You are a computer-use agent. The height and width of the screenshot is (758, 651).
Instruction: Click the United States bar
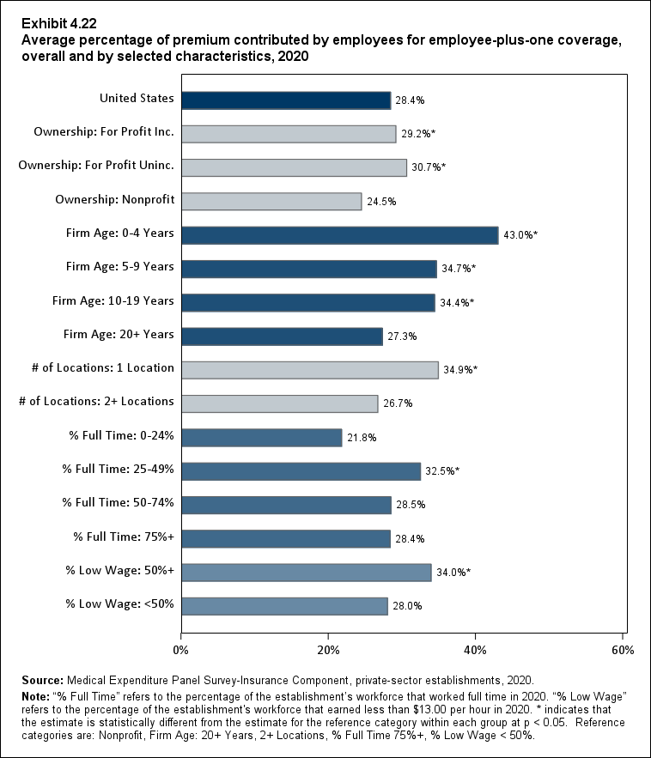click(286, 100)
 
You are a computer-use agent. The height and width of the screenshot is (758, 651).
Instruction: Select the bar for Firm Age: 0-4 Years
click(340, 235)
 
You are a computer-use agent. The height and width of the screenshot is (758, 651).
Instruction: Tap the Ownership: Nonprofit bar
click(271, 201)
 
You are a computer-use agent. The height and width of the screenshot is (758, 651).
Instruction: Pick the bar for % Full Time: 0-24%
click(262, 437)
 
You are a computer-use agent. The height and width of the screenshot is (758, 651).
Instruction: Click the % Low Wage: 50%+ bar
click(307, 573)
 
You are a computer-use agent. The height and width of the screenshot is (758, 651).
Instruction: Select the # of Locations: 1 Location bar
click(310, 369)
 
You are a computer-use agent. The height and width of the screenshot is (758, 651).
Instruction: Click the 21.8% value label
click(362, 438)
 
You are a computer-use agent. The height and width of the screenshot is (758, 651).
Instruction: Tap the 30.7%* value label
click(428, 167)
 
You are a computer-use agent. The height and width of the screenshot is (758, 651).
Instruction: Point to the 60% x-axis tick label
click(623, 649)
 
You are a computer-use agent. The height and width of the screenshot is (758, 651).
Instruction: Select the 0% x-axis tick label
click(181, 649)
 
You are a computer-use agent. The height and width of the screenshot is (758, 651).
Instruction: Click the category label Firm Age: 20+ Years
click(119, 334)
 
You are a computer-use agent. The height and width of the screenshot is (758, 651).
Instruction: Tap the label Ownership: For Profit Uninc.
click(96, 166)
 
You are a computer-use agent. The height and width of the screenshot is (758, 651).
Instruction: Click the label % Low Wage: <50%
click(120, 604)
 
